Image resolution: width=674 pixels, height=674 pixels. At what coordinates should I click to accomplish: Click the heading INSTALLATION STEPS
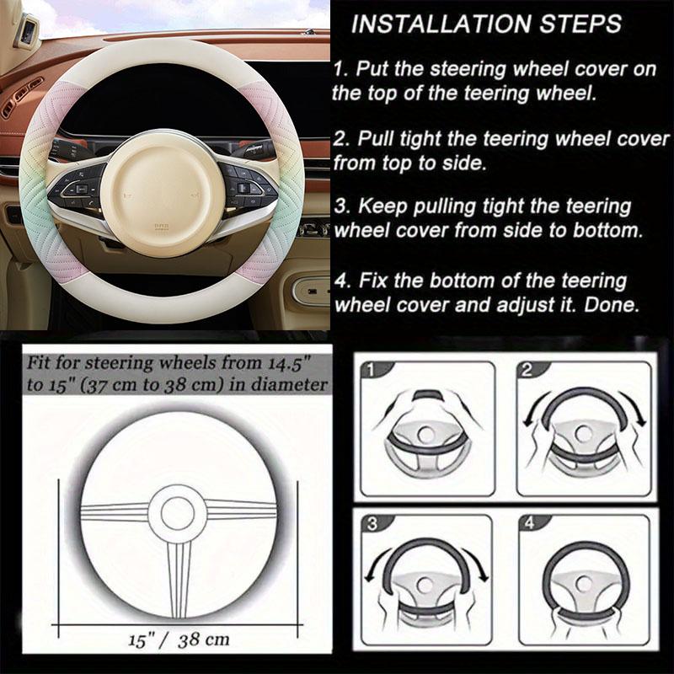tap(486, 24)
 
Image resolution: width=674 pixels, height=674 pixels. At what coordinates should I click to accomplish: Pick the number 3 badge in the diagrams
tap(371, 524)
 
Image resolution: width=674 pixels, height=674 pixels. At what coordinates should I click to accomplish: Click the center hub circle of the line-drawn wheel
tap(177, 514)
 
